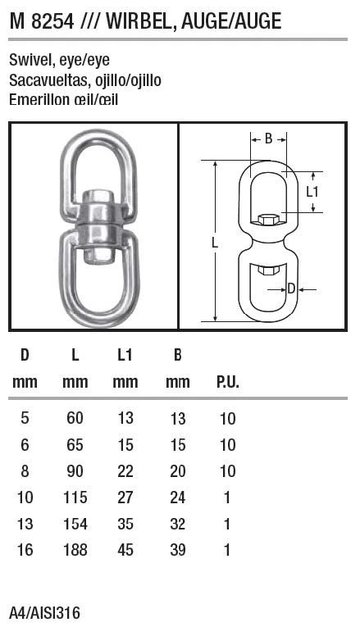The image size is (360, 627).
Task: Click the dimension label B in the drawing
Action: coord(268,139)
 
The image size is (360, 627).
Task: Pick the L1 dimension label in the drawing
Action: coord(312,192)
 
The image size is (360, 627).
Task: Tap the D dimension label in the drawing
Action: coord(292,288)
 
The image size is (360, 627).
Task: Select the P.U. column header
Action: coord(227,382)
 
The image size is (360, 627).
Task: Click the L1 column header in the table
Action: coord(125,355)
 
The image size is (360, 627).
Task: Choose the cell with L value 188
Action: coord(75,550)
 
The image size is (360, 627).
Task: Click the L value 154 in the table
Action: coord(75,524)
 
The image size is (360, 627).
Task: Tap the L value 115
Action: coord(75,498)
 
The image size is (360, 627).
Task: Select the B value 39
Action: coord(177,550)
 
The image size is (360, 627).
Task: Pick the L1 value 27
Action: coord(125,498)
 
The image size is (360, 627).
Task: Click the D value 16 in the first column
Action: coord(25,550)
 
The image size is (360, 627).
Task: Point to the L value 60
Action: coord(75,419)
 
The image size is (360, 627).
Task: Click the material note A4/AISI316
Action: coord(45,612)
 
